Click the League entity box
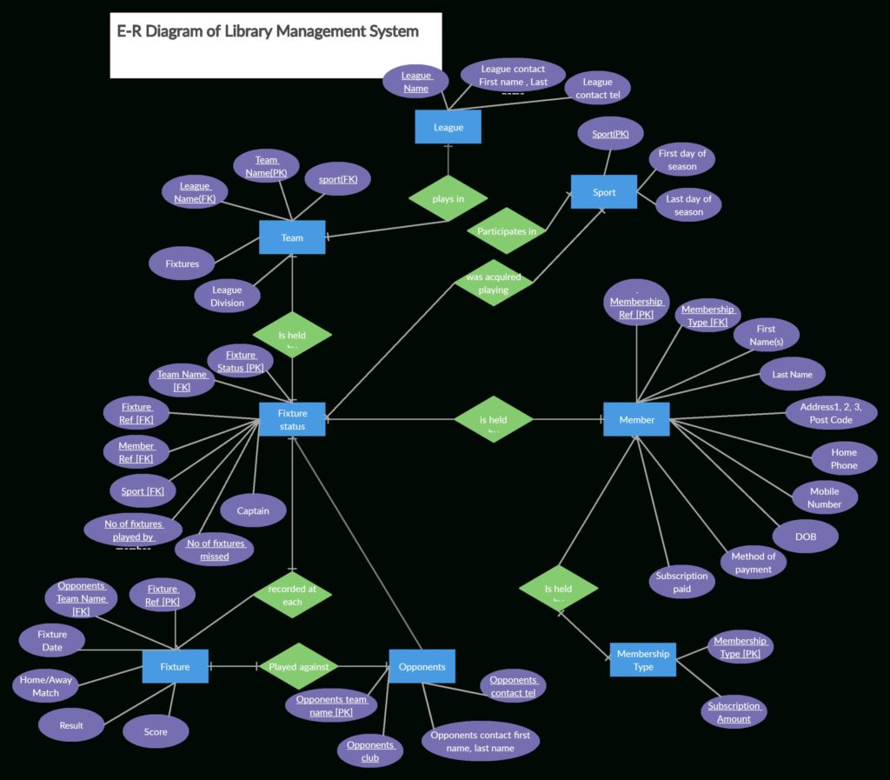[x=448, y=127]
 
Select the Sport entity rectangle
[x=604, y=192]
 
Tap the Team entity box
[x=292, y=237]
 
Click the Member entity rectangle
[x=636, y=420]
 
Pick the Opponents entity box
[x=422, y=667]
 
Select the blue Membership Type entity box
[x=642, y=660]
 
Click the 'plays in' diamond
[x=448, y=198]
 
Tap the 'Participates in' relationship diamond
[x=507, y=231]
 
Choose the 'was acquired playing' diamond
[x=493, y=283]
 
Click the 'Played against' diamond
[x=298, y=667]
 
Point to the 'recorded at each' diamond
[x=292, y=596]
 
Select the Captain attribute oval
[x=253, y=510]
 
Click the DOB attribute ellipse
[x=806, y=537]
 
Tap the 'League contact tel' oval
[x=597, y=89]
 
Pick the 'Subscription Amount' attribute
[x=734, y=712]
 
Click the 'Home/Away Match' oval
[x=46, y=686]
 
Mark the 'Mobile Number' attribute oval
[x=824, y=497]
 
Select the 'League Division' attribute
[x=227, y=297]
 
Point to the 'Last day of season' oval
[x=688, y=205]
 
